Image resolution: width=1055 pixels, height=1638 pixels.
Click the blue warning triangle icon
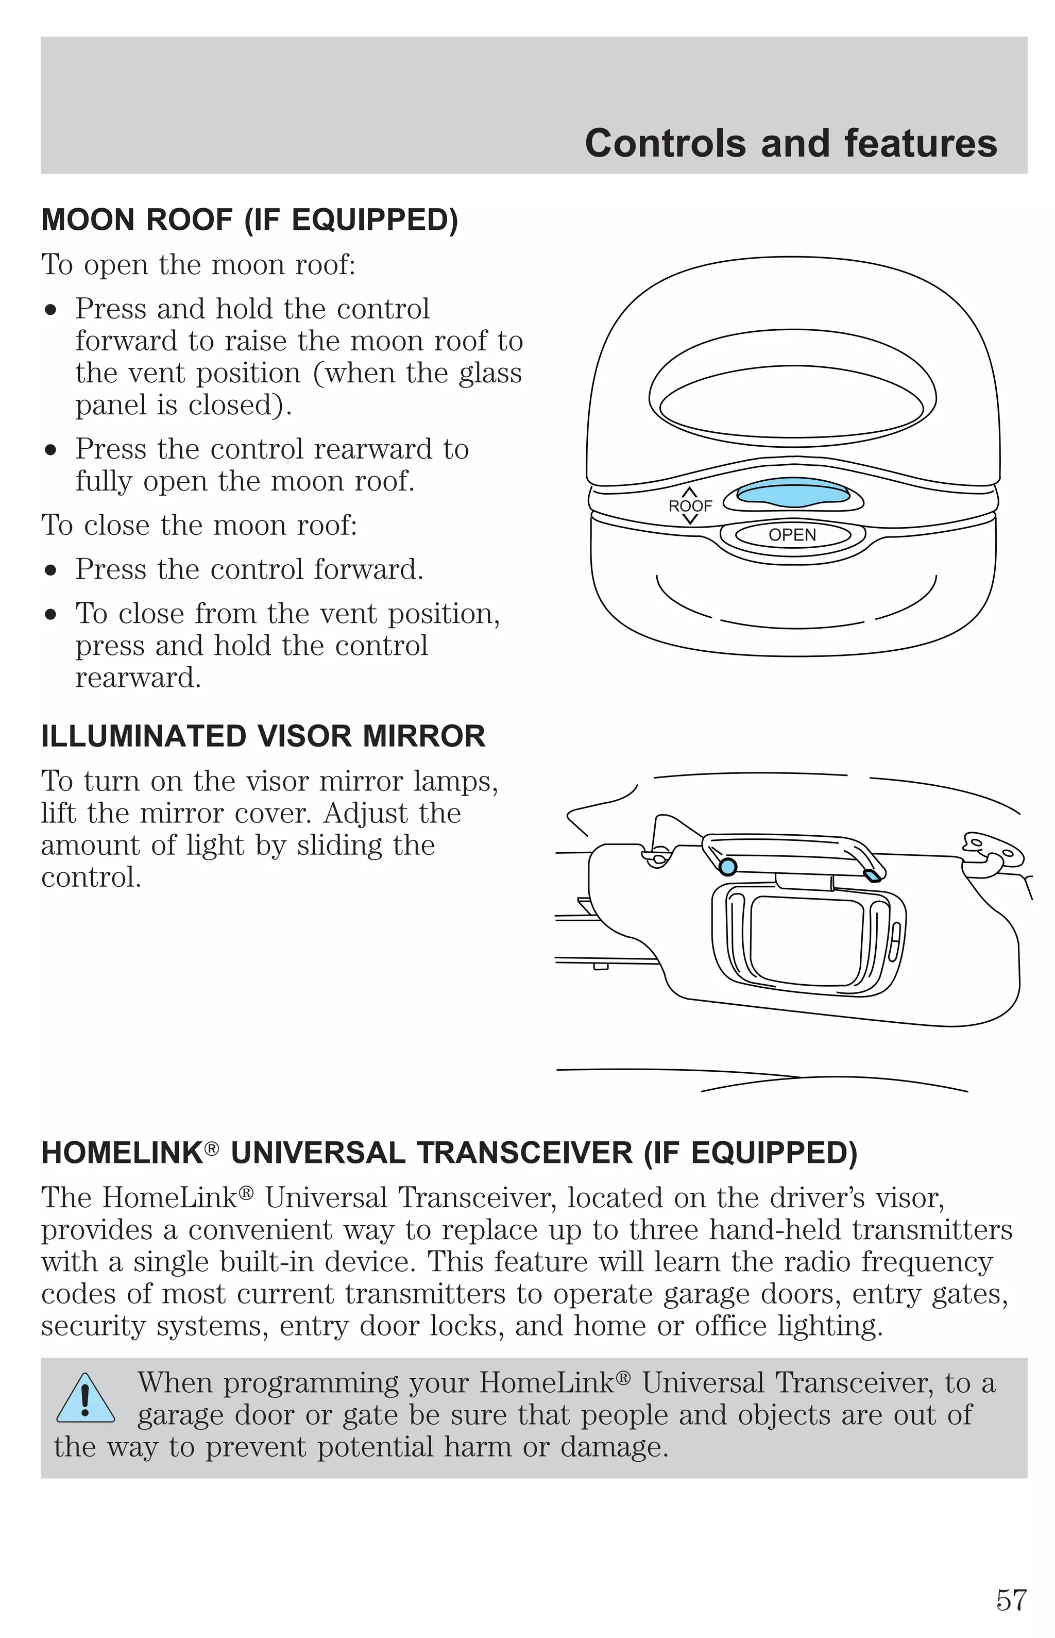click(85, 1399)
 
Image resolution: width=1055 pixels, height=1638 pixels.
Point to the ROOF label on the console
click(690, 506)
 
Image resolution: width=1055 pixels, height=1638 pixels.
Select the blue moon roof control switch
click(793, 493)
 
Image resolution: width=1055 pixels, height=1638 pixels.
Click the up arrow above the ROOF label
click(690, 491)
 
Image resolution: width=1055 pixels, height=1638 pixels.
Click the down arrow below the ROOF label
click(690, 520)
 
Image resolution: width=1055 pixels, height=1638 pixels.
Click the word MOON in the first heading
click(89, 220)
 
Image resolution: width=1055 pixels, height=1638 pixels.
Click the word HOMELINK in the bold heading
click(122, 1153)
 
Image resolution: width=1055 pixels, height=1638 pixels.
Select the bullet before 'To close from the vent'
click(50, 615)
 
